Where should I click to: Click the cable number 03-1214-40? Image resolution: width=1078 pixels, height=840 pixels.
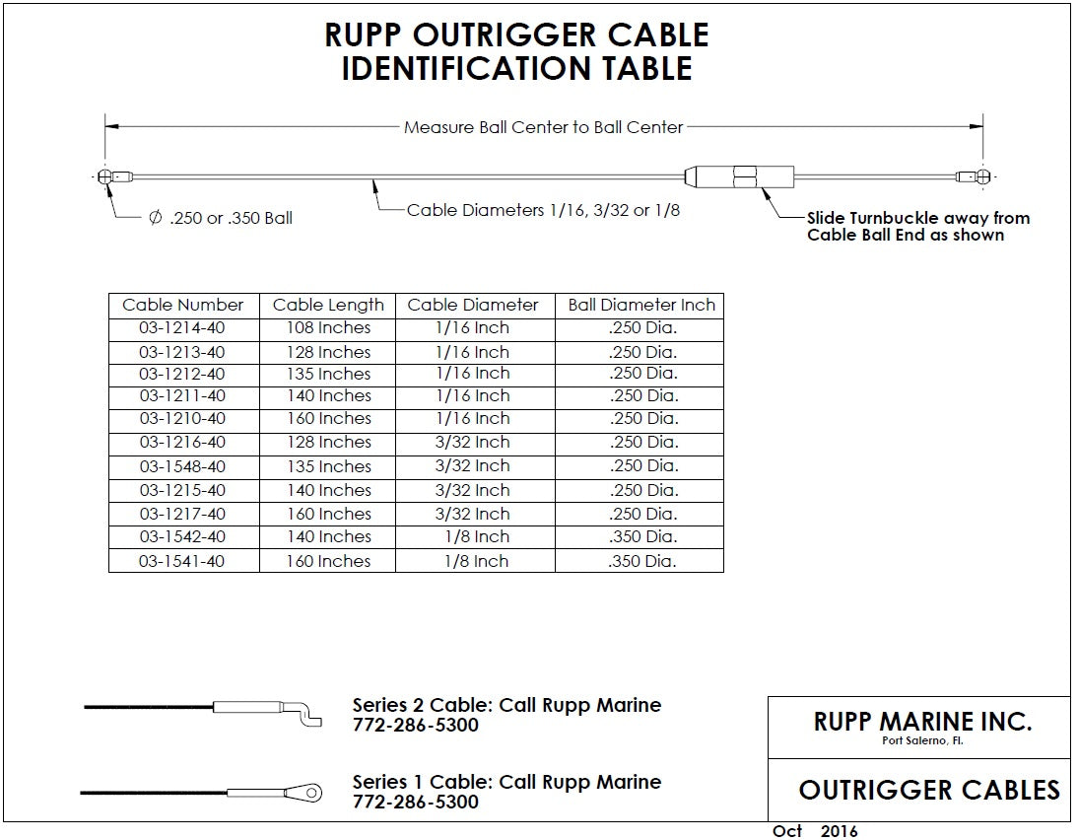coord(182,327)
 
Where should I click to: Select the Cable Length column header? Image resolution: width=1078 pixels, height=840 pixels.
coord(328,305)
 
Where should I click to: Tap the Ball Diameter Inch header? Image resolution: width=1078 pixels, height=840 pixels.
coord(641,305)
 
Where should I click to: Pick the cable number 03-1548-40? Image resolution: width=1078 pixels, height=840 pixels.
coord(182,466)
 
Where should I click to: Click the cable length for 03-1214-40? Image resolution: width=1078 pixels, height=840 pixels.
coord(328,327)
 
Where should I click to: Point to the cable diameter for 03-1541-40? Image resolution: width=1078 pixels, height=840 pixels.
coord(476,561)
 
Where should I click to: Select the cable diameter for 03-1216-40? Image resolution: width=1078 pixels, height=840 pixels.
coord(473,442)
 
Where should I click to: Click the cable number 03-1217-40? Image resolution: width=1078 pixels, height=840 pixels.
coord(182,514)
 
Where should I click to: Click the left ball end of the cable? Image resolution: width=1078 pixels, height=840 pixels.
coord(105,176)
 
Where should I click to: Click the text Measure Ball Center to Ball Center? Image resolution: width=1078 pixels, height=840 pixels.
coord(543,127)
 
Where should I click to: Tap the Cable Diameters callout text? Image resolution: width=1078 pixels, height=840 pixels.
coord(543,210)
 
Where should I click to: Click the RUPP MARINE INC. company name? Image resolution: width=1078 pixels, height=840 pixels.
coord(922,721)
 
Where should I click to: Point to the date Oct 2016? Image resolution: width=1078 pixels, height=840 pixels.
coord(814,831)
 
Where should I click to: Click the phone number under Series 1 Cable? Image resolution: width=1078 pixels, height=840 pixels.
coord(416,802)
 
